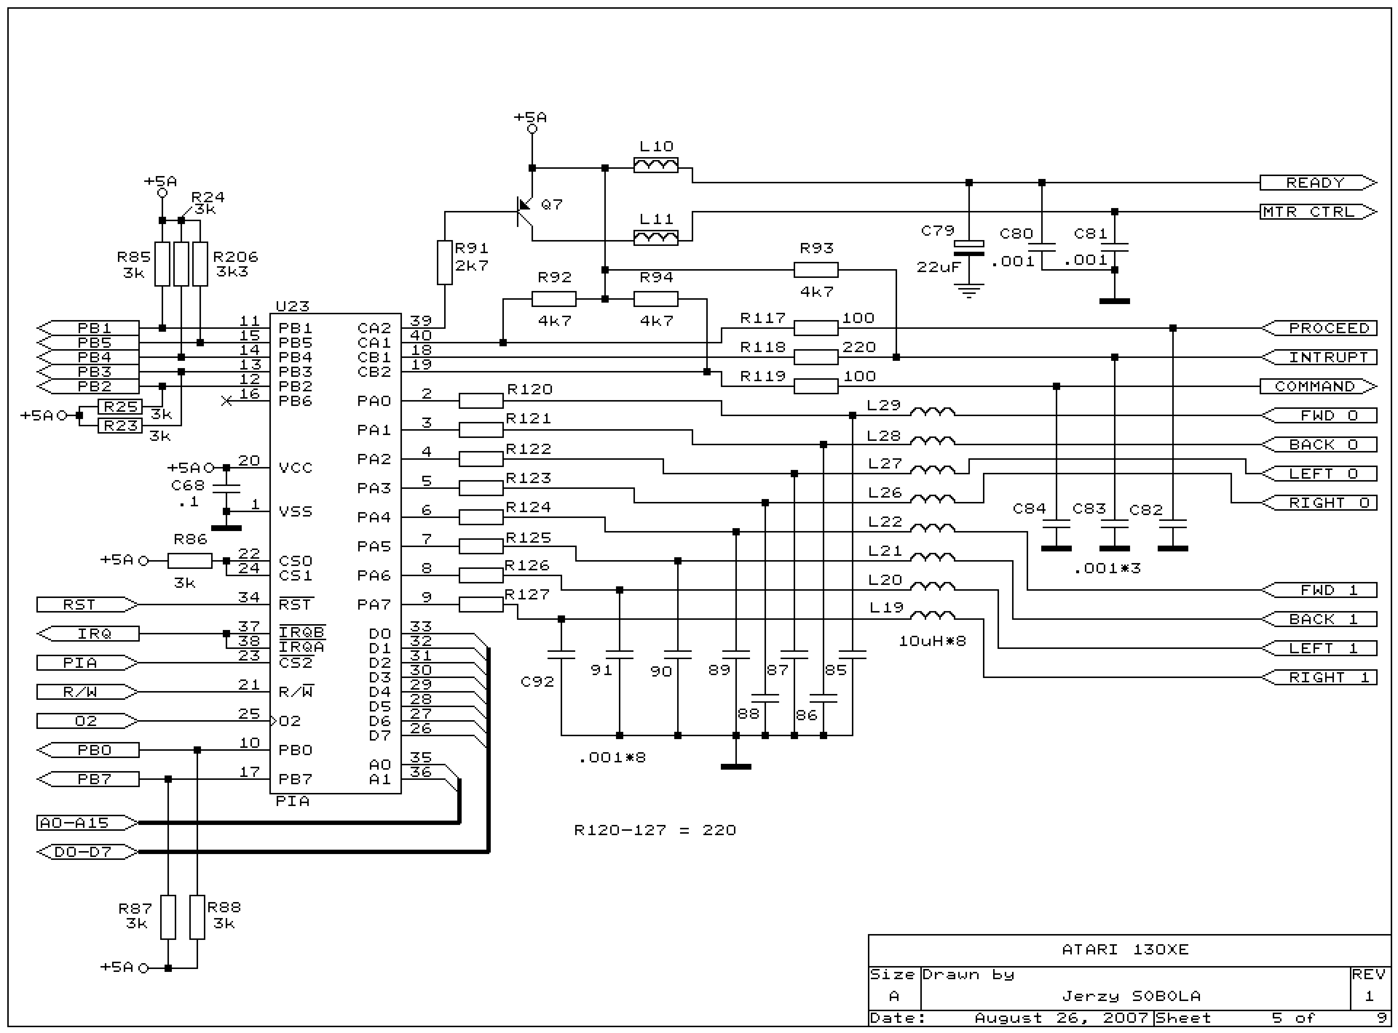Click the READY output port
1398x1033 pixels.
1317,183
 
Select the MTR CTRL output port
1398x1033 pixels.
1317,212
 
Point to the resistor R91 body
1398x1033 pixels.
444,263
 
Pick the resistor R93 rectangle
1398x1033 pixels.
815,270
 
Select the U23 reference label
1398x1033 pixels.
293,306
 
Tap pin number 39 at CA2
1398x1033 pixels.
421,320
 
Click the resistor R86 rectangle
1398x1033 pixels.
190,561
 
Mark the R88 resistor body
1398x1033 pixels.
197,917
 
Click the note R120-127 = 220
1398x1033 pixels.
655,830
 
